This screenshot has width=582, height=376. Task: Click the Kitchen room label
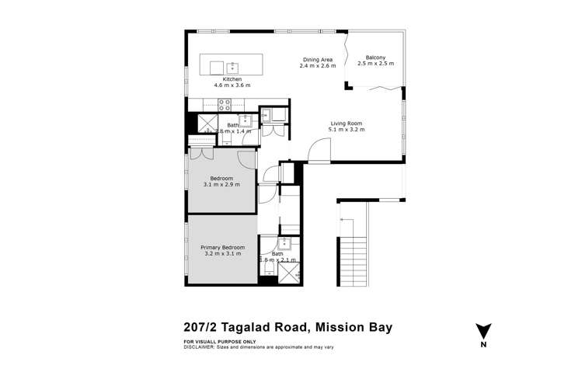[232, 79]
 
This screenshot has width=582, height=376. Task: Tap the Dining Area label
[317, 59]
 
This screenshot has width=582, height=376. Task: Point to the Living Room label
[347, 124]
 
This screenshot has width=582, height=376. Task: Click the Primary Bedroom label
[223, 247]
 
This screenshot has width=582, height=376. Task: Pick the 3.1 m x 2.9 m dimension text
[221, 185]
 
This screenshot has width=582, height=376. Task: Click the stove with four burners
[225, 105]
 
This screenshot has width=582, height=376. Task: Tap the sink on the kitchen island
[234, 64]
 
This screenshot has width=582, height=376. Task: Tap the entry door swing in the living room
[318, 152]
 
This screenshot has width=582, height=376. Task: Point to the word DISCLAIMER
[201, 347]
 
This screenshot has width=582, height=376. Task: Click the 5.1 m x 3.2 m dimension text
[347, 130]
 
